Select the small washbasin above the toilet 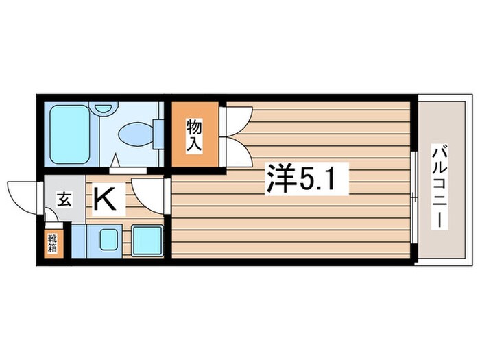click(x=104, y=108)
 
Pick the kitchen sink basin click(x=108, y=240)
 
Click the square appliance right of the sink click(x=146, y=240)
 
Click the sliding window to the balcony click(x=416, y=199)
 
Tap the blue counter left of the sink click(x=78, y=240)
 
